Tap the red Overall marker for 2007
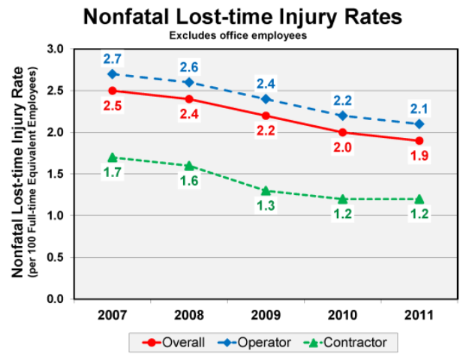tap(112, 91)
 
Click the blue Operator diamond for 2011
tap(419, 124)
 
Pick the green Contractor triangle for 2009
tap(265, 190)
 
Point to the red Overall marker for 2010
tap(342, 132)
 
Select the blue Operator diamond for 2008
tap(188, 82)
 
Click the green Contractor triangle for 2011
tap(419, 199)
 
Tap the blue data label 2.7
tap(112, 58)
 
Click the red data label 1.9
tap(419, 156)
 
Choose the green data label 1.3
tap(265, 206)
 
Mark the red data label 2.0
tap(342, 148)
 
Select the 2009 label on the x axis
tap(265, 314)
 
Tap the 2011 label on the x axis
tap(419, 314)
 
